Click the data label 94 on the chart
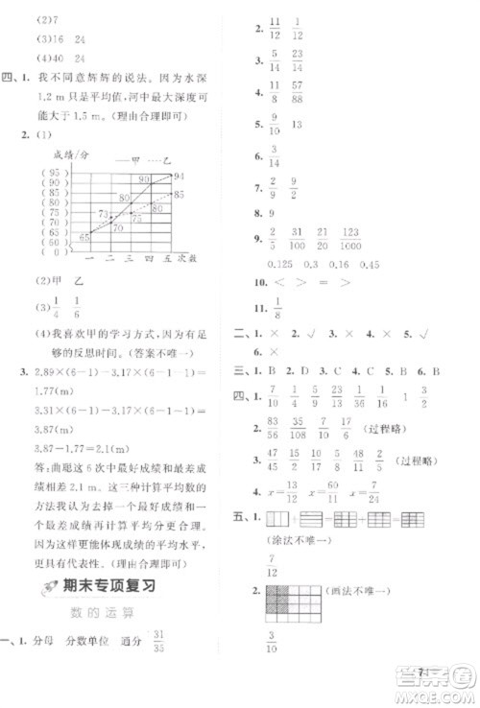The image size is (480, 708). click(x=180, y=176)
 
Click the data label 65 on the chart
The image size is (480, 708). click(x=84, y=236)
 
